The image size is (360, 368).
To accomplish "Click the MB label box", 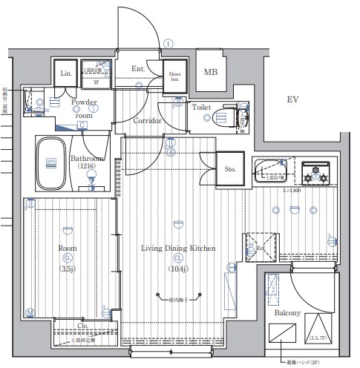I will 212,71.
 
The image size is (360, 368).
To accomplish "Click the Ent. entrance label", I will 139,70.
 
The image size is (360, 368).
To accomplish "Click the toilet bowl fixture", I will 223,117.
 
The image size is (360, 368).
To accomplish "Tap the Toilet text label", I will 201,107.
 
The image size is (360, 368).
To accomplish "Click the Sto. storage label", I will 229,170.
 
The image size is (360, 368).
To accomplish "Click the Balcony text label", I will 287,313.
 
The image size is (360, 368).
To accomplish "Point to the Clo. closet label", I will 82,325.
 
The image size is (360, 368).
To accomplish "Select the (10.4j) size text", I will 178,269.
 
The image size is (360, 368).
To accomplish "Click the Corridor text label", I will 147,120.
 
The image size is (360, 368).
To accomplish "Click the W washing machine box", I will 96,82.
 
